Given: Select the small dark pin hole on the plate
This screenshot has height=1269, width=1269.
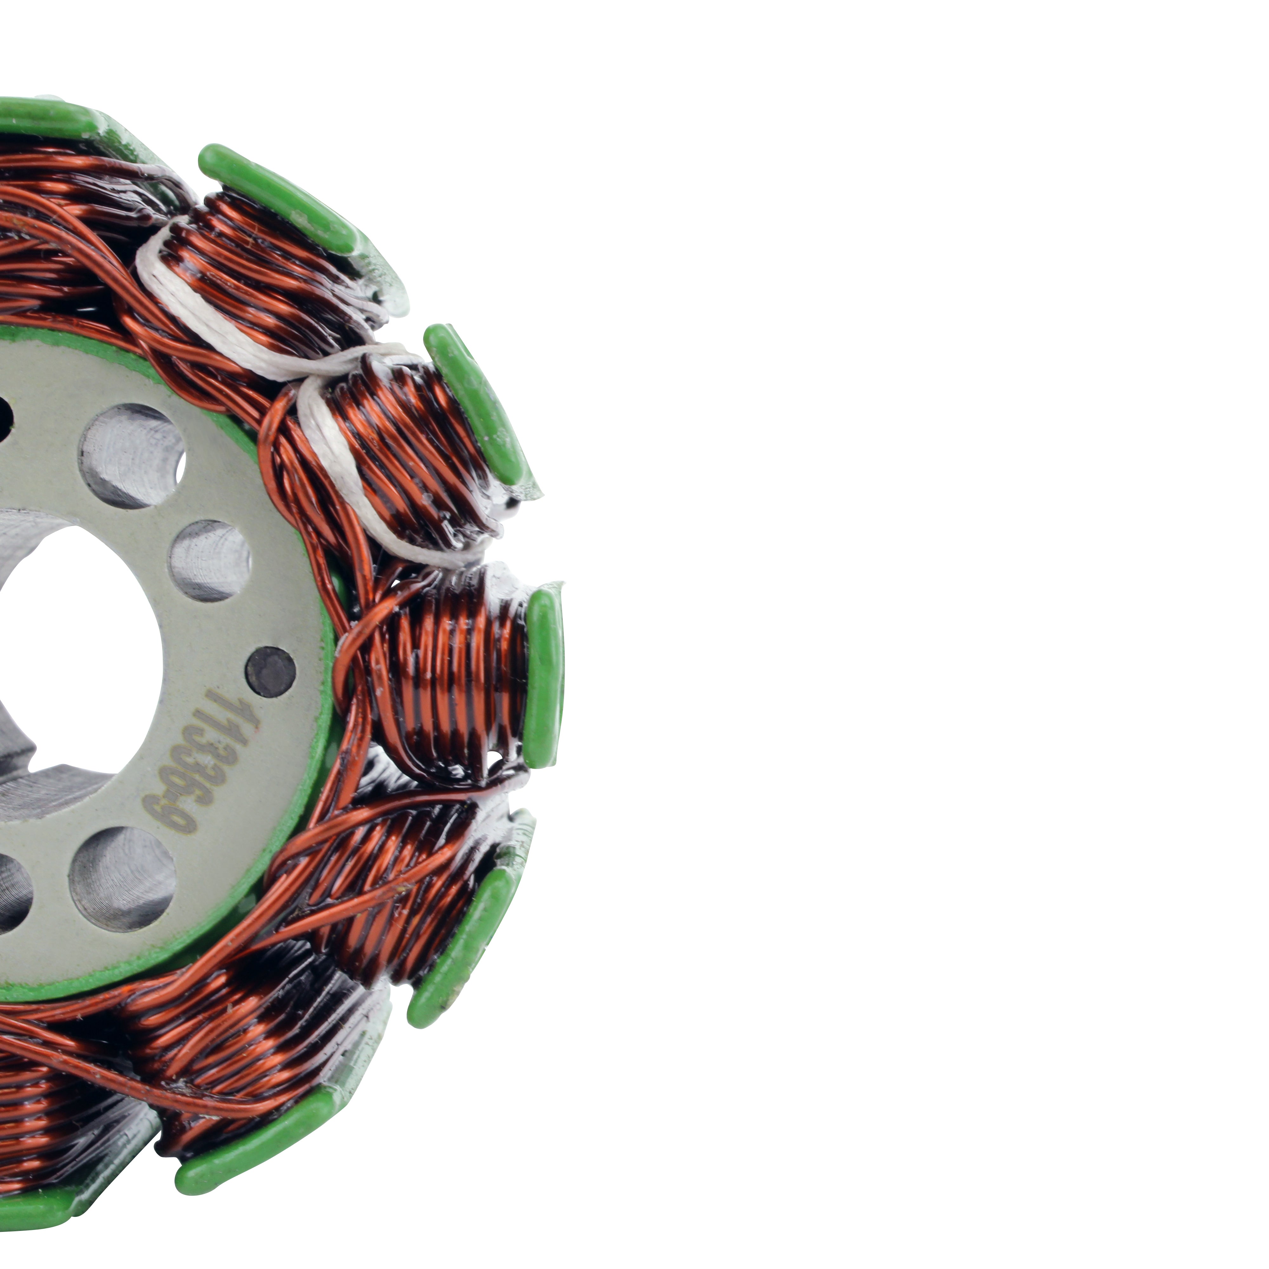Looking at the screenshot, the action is [271, 671].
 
